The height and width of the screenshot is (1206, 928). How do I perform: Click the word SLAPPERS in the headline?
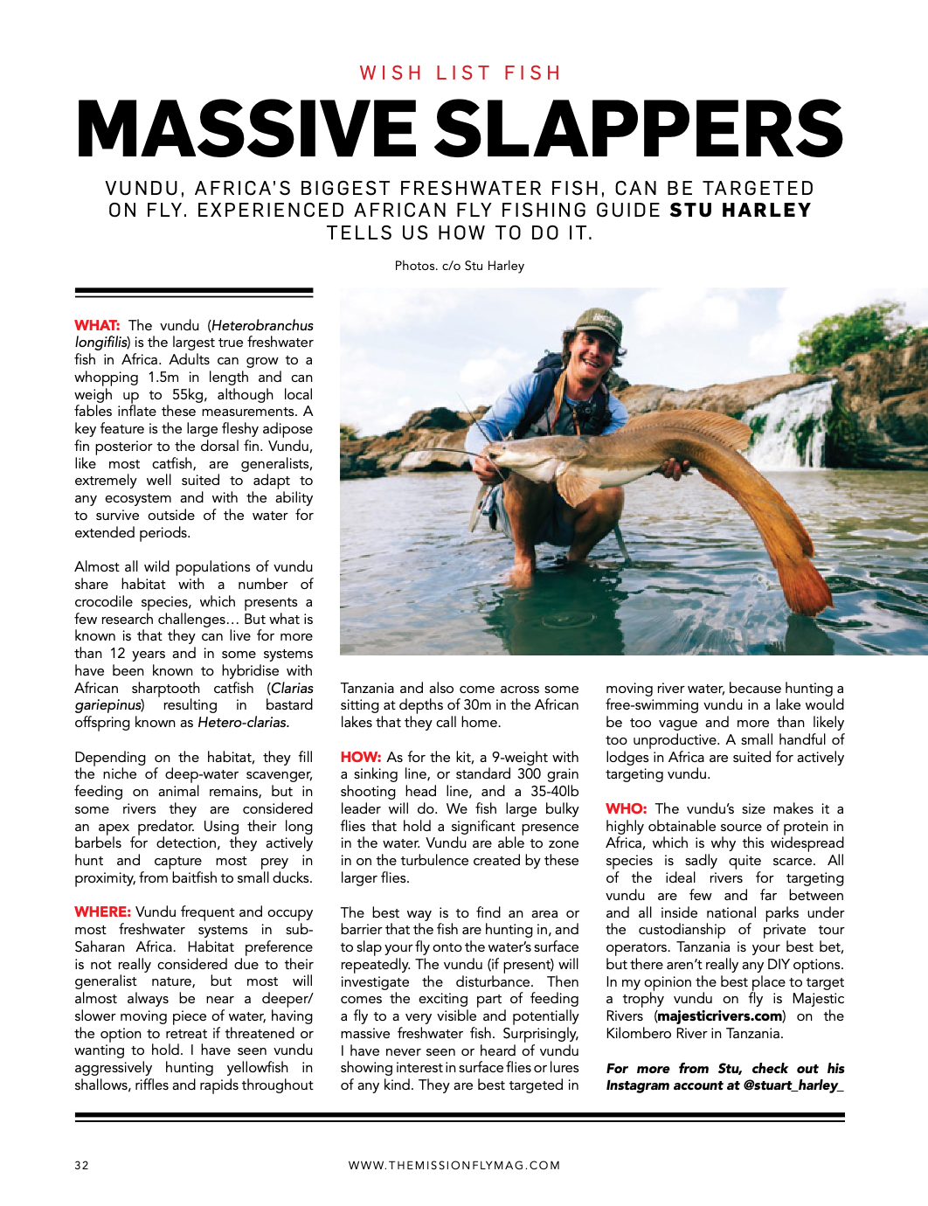coord(639,128)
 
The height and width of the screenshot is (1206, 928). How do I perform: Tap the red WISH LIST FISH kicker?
coord(461,73)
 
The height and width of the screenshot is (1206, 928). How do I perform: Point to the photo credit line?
coord(460,266)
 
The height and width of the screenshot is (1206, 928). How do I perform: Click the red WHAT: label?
coord(97,325)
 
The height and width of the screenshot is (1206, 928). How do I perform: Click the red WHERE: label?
coord(102,912)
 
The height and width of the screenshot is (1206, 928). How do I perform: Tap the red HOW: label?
coord(360,757)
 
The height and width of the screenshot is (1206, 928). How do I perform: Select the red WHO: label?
coord(626,809)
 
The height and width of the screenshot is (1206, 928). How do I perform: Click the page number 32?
coord(81,1165)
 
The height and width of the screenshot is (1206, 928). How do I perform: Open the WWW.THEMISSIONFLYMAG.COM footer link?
coord(454,1165)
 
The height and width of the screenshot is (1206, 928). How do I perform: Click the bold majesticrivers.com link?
coord(720,1016)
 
